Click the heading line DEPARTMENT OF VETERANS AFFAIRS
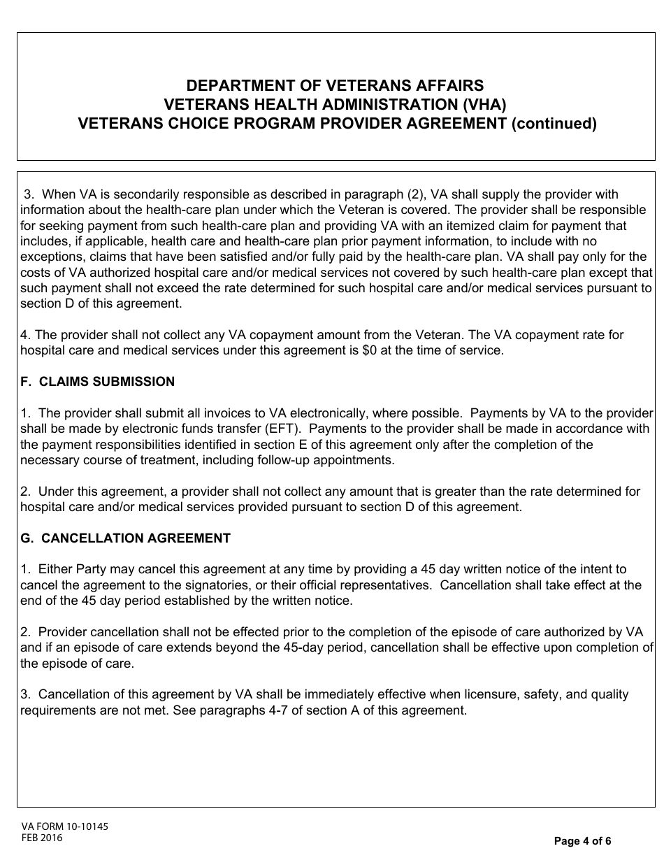pyautogui.click(x=335, y=86)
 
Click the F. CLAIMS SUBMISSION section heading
pyautogui.click(x=98, y=382)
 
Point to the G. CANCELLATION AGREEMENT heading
pyautogui.click(x=125, y=538)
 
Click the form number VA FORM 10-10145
pyautogui.click(x=64, y=826)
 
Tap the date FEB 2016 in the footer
pyautogui.click(x=41, y=838)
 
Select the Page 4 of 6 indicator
pyautogui.click(x=582, y=841)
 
